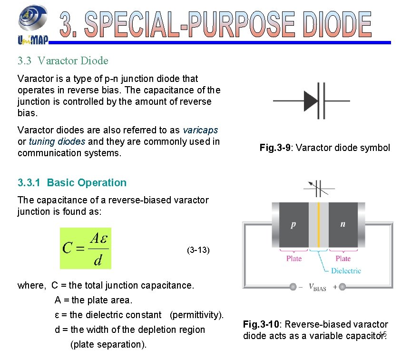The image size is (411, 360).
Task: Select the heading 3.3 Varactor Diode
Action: tap(63, 61)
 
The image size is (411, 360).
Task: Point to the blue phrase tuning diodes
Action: tap(57, 141)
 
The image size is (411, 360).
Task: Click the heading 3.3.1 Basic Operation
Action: tap(72, 183)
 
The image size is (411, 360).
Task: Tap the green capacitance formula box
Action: tap(86, 248)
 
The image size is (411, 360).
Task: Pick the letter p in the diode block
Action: tap(293, 224)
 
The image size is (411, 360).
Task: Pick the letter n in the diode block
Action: tap(342, 224)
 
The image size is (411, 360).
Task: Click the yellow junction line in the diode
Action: tap(319, 224)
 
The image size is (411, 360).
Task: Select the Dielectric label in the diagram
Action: tap(346, 271)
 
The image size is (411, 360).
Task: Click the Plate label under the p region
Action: tap(294, 259)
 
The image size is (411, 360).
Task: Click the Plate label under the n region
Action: tap(343, 259)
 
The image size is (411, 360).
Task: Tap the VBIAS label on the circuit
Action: tap(317, 287)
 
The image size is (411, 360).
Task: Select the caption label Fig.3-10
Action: tap(261, 325)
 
